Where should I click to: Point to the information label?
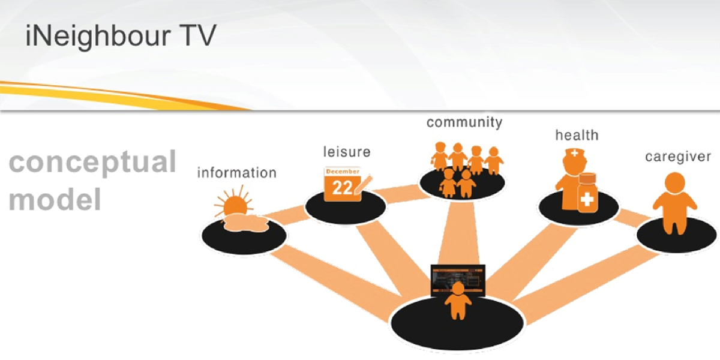click(236, 173)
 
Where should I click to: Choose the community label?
click(464, 122)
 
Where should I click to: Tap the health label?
click(577, 135)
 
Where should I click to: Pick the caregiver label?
click(677, 157)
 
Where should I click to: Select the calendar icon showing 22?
click(343, 184)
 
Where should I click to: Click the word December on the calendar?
click(343, 172)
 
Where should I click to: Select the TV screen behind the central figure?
click(458, 277)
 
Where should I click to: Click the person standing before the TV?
click(458, 302)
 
